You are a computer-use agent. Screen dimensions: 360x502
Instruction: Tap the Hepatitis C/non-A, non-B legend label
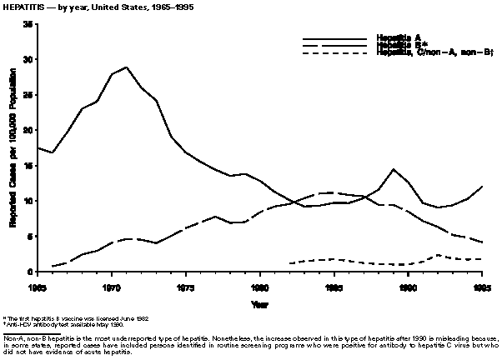pyautogui.click(x=424, y=52)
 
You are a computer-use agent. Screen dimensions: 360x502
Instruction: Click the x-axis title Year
pyautogui.click(x=260, y=303)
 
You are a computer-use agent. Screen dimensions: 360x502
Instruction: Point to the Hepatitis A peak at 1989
pyautogui.click(x=393, y=169)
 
